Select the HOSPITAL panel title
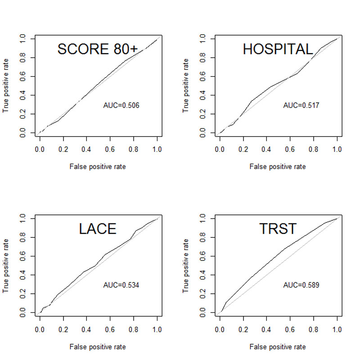point(278,49)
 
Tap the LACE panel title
point(98,229)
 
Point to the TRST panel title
point(278,229)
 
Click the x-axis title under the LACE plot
point(98,346)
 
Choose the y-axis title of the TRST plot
point(186,265)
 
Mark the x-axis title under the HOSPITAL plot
point(278,167)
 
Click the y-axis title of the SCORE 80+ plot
point(6,86)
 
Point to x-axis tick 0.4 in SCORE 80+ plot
point(86,150)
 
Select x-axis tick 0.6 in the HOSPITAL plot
point(290,150)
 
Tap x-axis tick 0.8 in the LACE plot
point(134,329)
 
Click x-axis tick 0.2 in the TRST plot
point(243,329)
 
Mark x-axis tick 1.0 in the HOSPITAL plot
point(337,150)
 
